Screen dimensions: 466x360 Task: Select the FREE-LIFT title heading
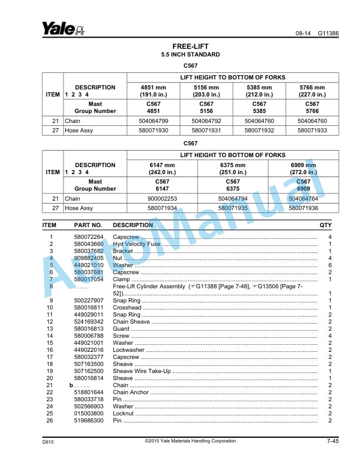point(191,46)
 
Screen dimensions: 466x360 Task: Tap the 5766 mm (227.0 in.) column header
point(312,91)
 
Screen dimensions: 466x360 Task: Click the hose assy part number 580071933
point(312,131)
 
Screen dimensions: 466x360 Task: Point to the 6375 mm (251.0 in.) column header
point(232,168)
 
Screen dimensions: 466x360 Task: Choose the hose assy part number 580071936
point(304,208)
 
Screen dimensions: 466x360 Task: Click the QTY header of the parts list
point(325,225)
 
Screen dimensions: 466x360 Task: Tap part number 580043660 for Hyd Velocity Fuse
point(89,244)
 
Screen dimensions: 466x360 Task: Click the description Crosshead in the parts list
point(127,308)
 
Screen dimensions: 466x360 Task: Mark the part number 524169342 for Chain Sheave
point(89,322)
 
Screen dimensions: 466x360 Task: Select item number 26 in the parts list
point(51,421)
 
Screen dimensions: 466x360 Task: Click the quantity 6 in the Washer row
point(330,265)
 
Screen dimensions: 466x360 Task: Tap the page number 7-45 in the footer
point(332,441)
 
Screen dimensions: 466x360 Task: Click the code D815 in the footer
point(48,441)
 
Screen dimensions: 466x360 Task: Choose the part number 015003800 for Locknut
point(89,414)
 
